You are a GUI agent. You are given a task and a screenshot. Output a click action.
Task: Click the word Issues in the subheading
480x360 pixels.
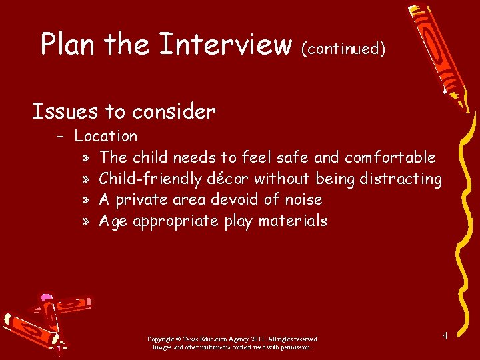(x=61, y=111)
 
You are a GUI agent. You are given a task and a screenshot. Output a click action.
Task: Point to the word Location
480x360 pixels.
(x=106, y=137)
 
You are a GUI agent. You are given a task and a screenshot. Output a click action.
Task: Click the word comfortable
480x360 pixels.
(x=390, y=158)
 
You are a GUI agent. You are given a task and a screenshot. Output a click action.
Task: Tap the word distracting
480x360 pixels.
(x=400, y=179)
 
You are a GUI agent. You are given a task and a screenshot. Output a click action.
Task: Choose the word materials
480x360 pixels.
(x=293, y=221)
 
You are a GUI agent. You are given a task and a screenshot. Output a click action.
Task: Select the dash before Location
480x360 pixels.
(x=61, y=137)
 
